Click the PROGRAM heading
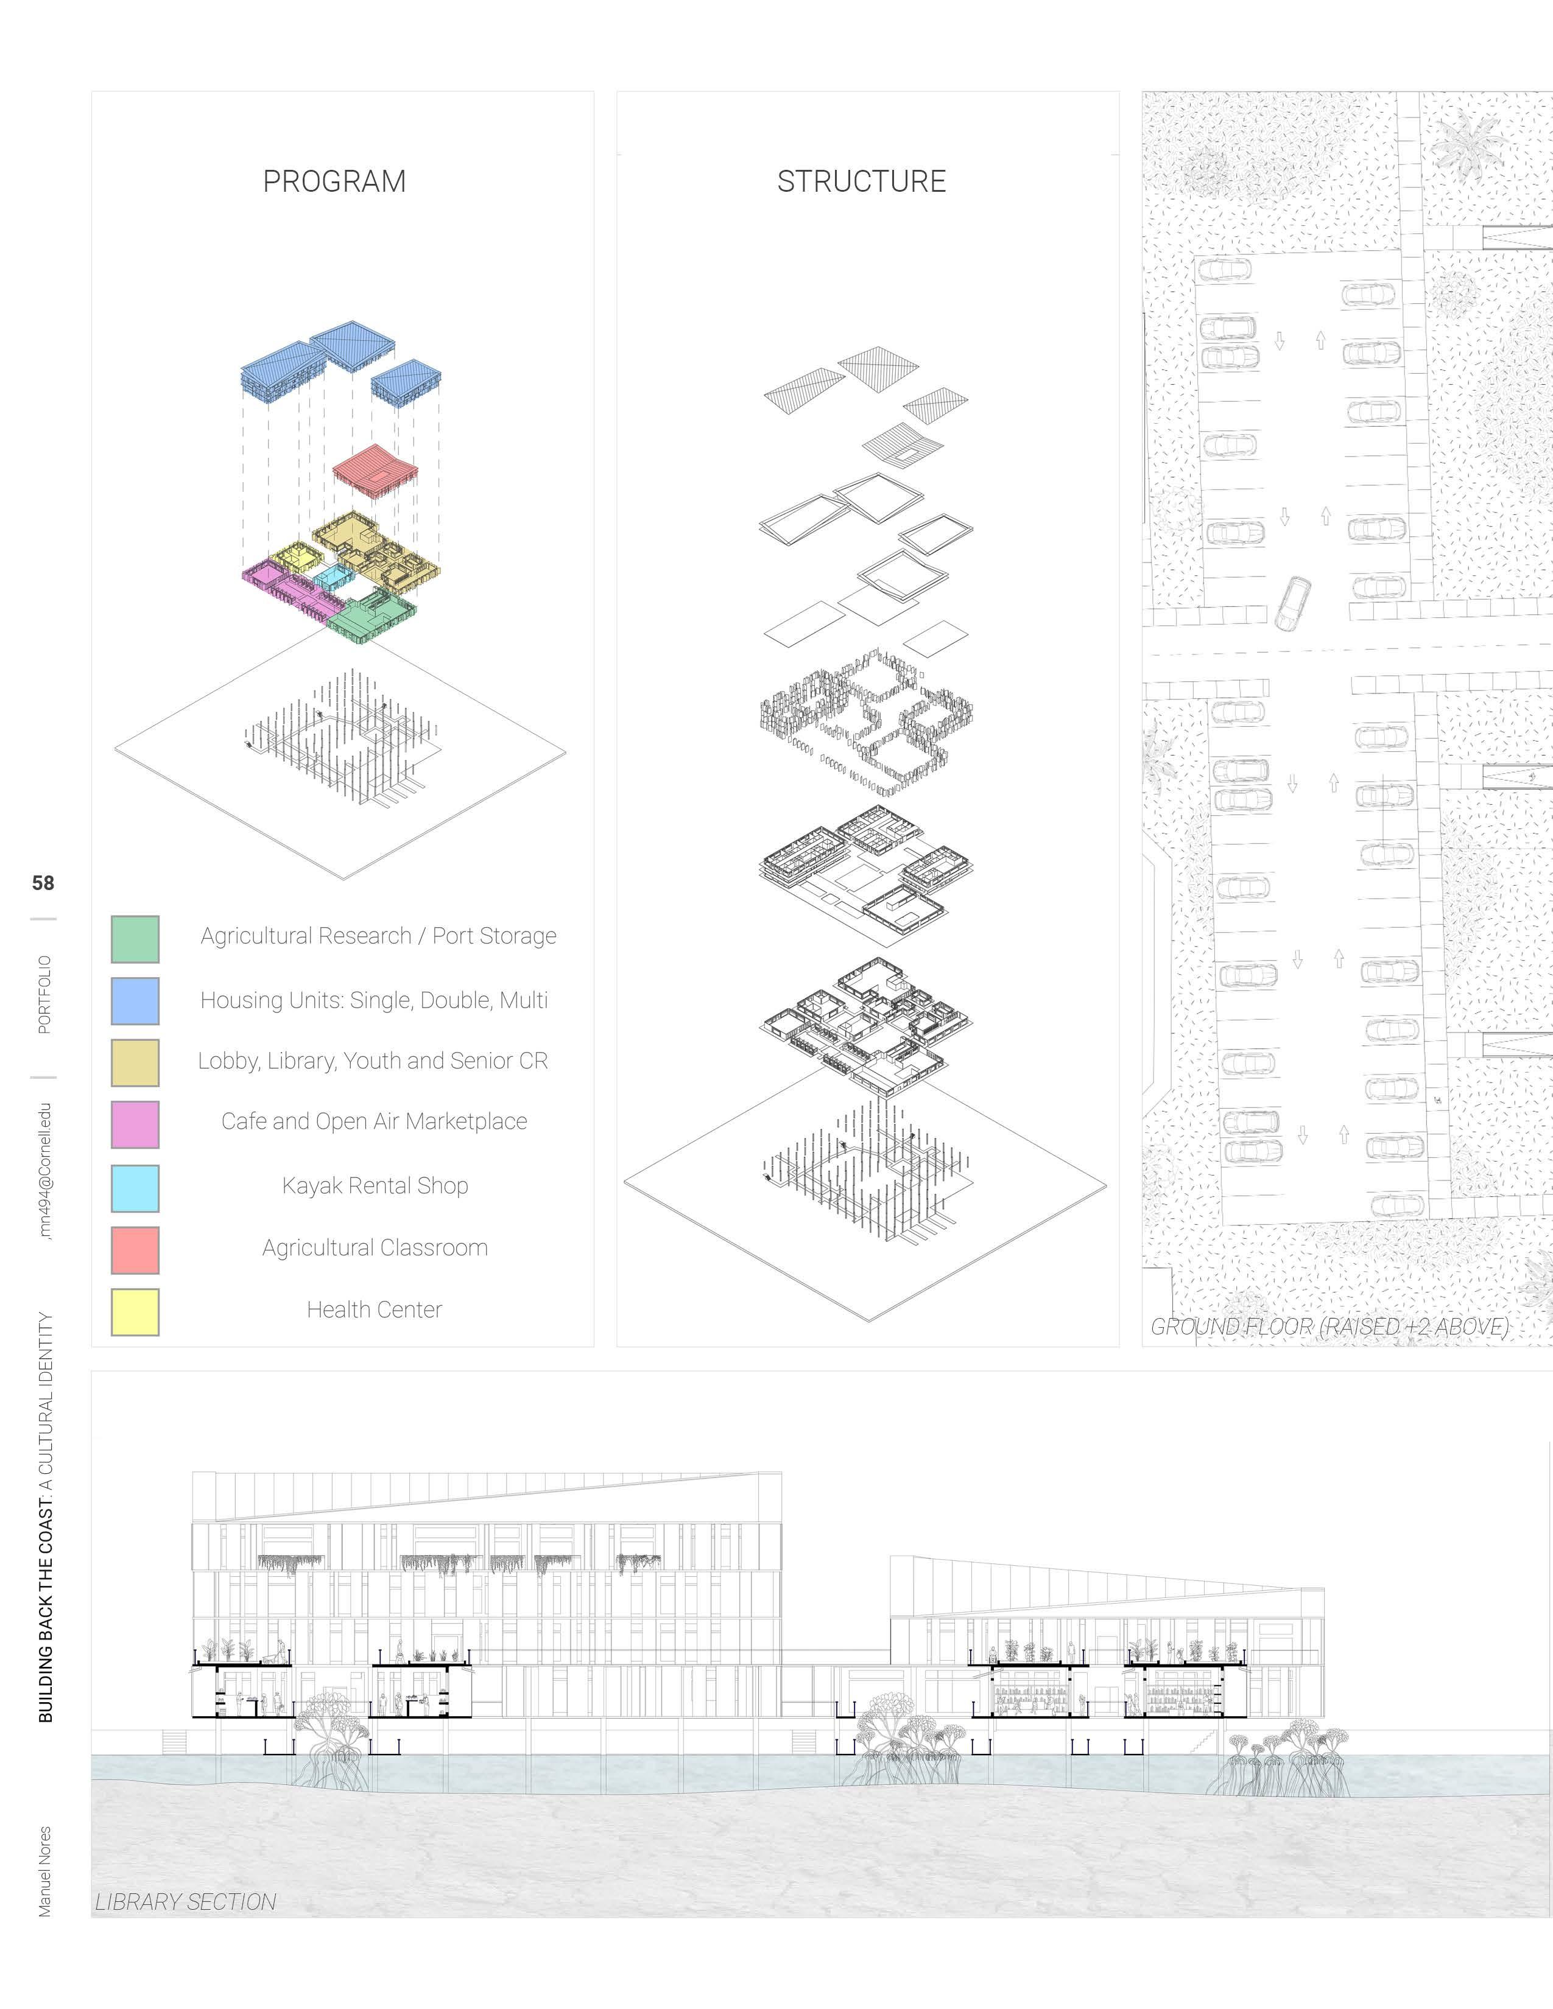pyautogui.click(x=334, y=181)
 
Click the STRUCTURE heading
pyautogui.click(x=861, y=181)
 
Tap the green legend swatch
pyautogui.click(x=135, y=938)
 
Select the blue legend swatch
pyautogui.click(x=135, y=1001)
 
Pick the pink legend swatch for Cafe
pyautogui.click(x=135, y=1124)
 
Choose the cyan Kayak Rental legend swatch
pyautogui.click(x=135, y=1188)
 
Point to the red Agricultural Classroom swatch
pyautogui.click(x=135, y=1250)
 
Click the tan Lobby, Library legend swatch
pyautogui.click(x=135, y=1062)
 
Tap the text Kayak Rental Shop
pyautogui.click(x=375, y=1186)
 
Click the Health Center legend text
pyautogui.click(x=375, y=1309)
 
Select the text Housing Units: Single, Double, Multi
pyautogui.click(x=375, y=1000)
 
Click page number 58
pyautogui.click(x=43, y=883)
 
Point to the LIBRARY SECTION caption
pyautogui.click(x=185, y=1901)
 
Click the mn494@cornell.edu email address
pyautogui.click(x=44, y=1171)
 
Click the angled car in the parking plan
pyautogui.click(x=1294, y=603)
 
